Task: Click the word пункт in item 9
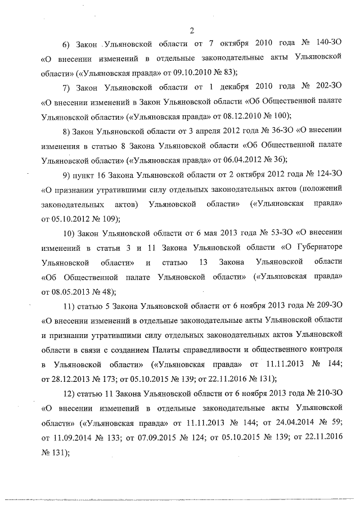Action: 83,174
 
